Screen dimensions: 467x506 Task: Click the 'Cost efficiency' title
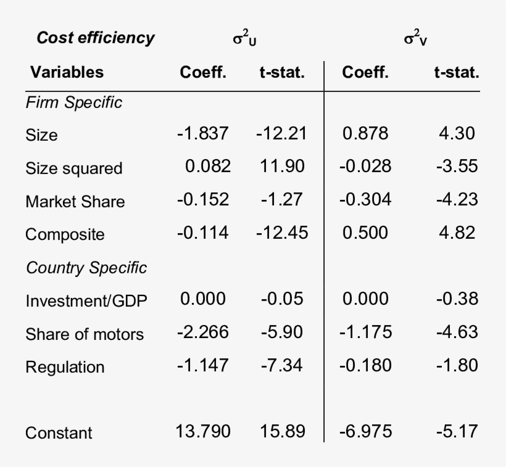[x=96, y=38]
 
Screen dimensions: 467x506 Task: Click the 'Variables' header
[x=67, y=72]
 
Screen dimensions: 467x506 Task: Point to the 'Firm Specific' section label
[x=74, y=102]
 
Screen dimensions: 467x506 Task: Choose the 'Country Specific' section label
[x=86, y=268]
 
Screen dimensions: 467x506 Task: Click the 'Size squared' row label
[x=74, y=168]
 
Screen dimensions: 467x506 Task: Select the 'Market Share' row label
[x=75, y=202]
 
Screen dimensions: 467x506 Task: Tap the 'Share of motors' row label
[x=85, y=334]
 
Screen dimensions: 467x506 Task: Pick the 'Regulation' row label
[x=65, y=367]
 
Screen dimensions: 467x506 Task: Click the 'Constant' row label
[x=59, y=433]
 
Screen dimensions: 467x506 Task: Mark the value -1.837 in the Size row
[x=203, y=133]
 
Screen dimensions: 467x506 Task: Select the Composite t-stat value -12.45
[x=281, y=233]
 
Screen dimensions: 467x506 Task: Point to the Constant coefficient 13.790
[x=203, y=431]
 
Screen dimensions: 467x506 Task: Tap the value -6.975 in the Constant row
[x=365, y=431]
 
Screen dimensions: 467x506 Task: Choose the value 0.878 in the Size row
[x=365, y=133]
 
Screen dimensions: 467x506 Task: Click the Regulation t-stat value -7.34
[x=281, y=365]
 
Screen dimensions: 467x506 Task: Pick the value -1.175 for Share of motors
[x=365, y=332]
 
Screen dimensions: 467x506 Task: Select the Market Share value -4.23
[x=457, y=199]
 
